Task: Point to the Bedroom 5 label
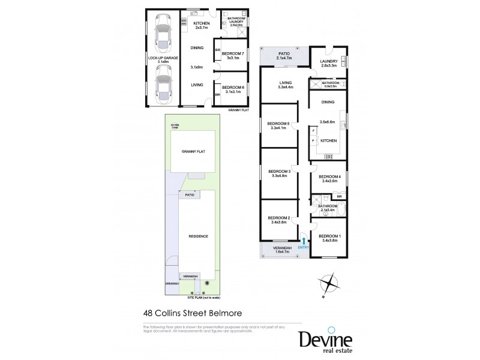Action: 280,126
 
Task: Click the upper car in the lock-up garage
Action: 162,36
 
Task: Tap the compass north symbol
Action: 329,283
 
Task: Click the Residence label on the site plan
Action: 197,236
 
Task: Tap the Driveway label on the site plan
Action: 172,284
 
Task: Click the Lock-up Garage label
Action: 163,59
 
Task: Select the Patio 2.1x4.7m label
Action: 284,56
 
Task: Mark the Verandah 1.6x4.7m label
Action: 282,250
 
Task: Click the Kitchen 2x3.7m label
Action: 201,26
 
